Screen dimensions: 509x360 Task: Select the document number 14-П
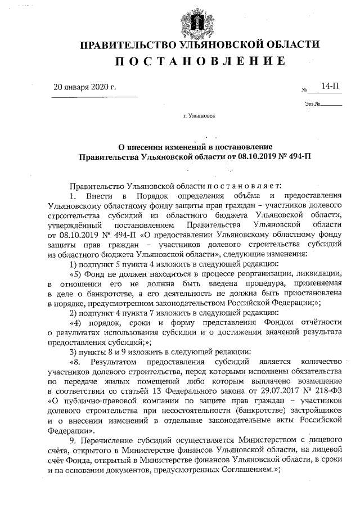click(330, 85)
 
